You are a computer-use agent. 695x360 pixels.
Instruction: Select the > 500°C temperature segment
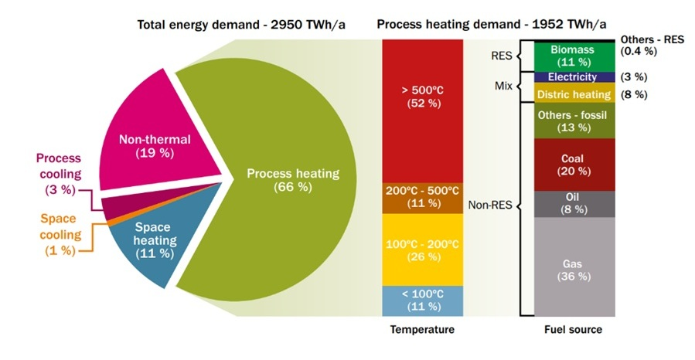tap(422, 111)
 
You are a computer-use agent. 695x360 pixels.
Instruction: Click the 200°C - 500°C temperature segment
tap(422, 199)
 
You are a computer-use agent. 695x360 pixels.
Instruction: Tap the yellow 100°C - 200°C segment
tap(422, 250)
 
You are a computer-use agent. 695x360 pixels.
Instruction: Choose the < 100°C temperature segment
tap(422, 301)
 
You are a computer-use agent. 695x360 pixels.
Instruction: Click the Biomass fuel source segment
tap(574, 56)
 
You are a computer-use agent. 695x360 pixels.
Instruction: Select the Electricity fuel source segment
tap(574, 77)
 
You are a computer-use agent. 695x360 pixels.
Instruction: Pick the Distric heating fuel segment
tap(574, 93)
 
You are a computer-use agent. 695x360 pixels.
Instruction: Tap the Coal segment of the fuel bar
tap(574, 165)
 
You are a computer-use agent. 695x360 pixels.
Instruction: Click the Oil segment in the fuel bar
tap(574, 204)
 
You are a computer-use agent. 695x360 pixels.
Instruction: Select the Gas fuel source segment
tap(574, 267)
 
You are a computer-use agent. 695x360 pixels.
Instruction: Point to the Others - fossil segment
tap(574, 121)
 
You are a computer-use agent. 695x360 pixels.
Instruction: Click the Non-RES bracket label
tap(490, 205)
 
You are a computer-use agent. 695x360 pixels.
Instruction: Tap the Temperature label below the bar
tap(422, 329)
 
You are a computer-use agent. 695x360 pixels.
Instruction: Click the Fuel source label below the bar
tap(573, 329)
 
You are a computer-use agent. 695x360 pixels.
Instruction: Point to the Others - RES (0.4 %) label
tap(652, 45)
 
